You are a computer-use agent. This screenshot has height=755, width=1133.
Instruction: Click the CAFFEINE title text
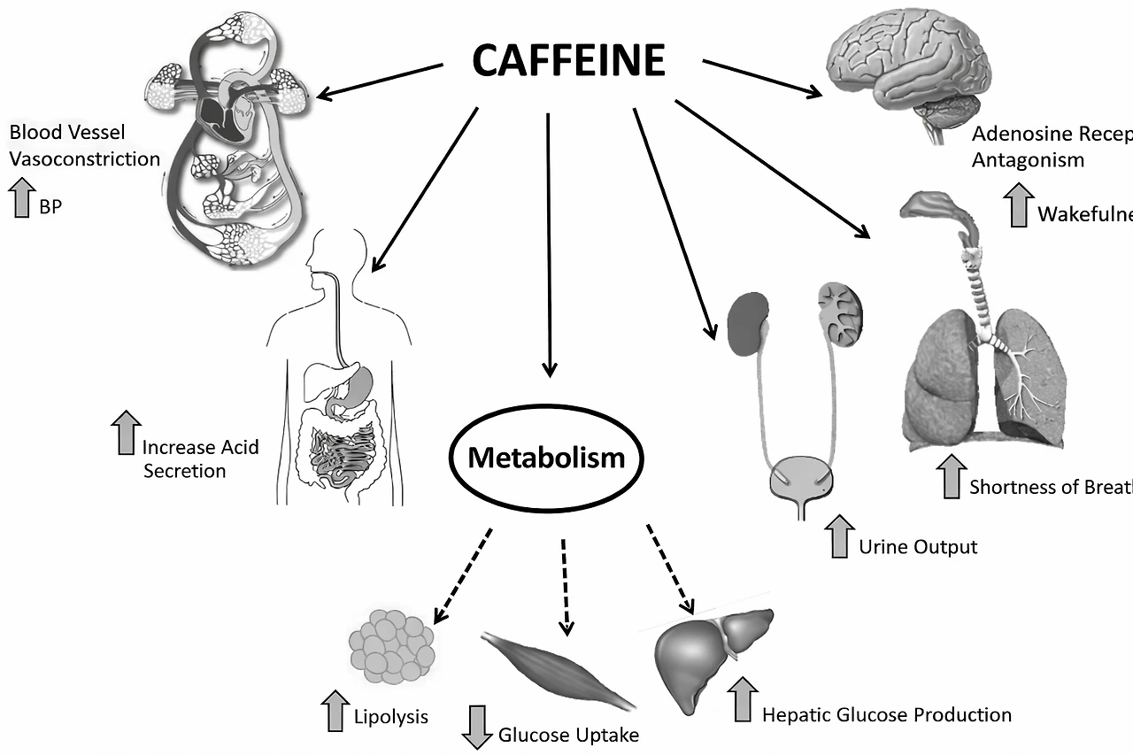click(x=568, y=61)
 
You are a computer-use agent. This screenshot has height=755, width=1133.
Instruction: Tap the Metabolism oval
click(x=546, y=458)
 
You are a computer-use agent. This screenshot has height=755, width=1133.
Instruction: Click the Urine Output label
click(x=918, y=547)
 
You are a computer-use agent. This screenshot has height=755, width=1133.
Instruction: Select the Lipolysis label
click(x=390, y=716)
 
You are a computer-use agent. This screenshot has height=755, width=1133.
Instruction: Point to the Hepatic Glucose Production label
click(x=886, y=714)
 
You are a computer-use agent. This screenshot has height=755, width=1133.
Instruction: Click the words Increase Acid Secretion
click(x=200, y=458)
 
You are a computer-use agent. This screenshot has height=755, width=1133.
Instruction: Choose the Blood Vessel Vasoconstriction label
click(x=84, y=146)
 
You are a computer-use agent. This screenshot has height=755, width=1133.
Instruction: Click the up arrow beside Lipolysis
click(x=335, y=711)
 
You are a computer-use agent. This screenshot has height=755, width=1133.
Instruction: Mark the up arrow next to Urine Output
click(x=838, y=537)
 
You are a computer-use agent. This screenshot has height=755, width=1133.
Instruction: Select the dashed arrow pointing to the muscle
click(x=565, y=586)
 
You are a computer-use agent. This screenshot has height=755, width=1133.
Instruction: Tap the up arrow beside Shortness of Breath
click(x=952, y=476)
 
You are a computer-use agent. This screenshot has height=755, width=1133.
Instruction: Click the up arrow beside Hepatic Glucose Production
click(x=744, y=699)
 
